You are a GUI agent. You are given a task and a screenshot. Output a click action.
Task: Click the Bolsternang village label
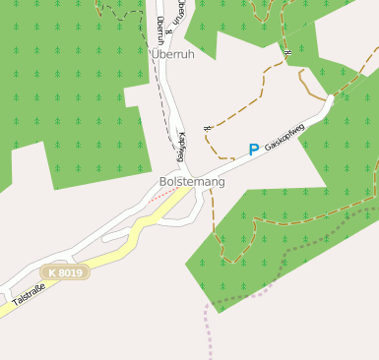[192, 182]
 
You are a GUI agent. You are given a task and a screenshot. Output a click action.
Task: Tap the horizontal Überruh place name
[173, 55]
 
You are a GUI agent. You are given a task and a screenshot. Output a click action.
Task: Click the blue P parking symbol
[253, 150]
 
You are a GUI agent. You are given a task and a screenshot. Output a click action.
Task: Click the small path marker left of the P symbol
[207, 129]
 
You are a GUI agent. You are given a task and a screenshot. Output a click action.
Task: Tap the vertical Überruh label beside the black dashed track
[159, 30]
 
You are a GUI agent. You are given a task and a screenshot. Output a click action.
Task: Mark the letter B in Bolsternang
[163, 182]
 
